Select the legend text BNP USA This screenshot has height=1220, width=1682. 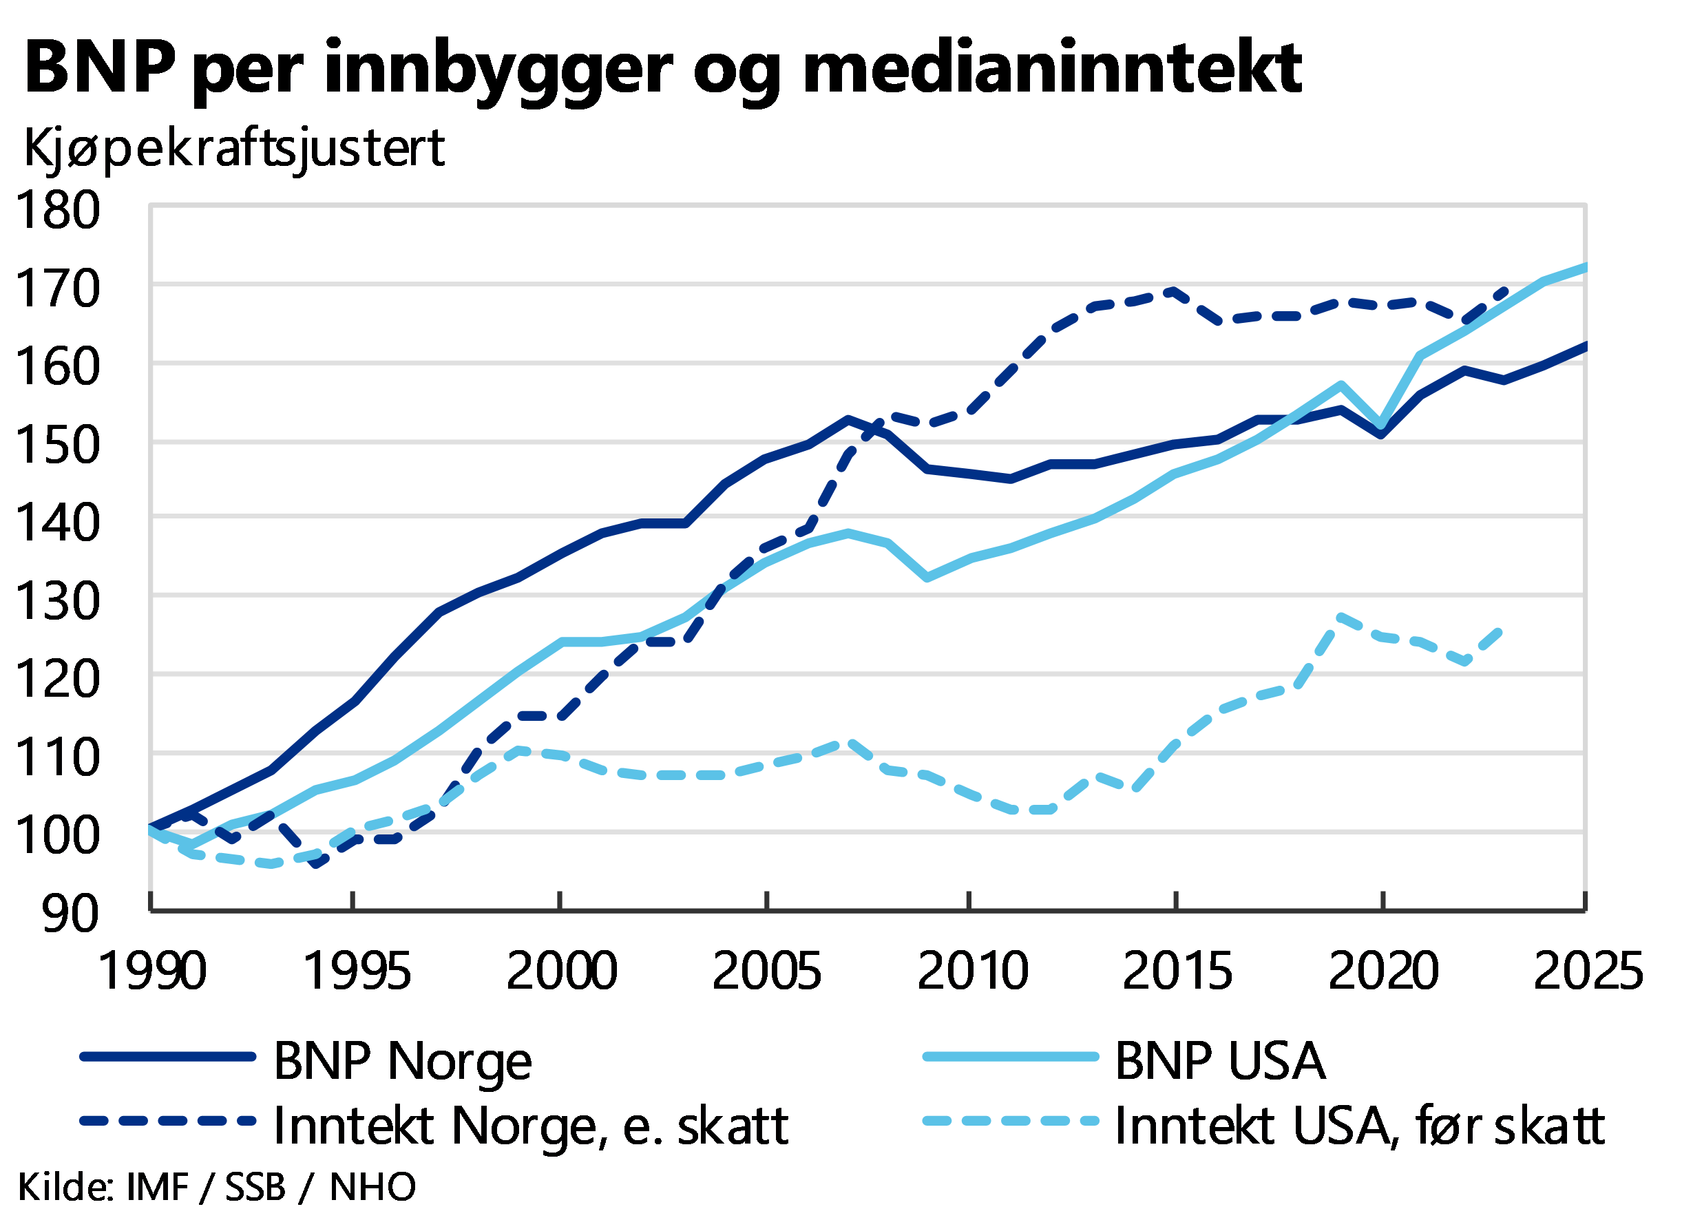pyautogui.click(x=1220, y=1061)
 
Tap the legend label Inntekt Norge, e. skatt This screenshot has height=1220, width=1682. pyautogui.click(x=531, y=1126)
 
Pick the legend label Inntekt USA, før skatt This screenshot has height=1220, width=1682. pyautogui.click(x=1361, y=1126)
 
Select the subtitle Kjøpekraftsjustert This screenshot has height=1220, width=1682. pyautogui.click(x=234, y=148)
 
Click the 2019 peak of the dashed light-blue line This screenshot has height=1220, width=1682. pyautogui.click(x=1339, y=616)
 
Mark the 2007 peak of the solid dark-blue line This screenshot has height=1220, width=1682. pyautogui.click(x=848, y=419)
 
